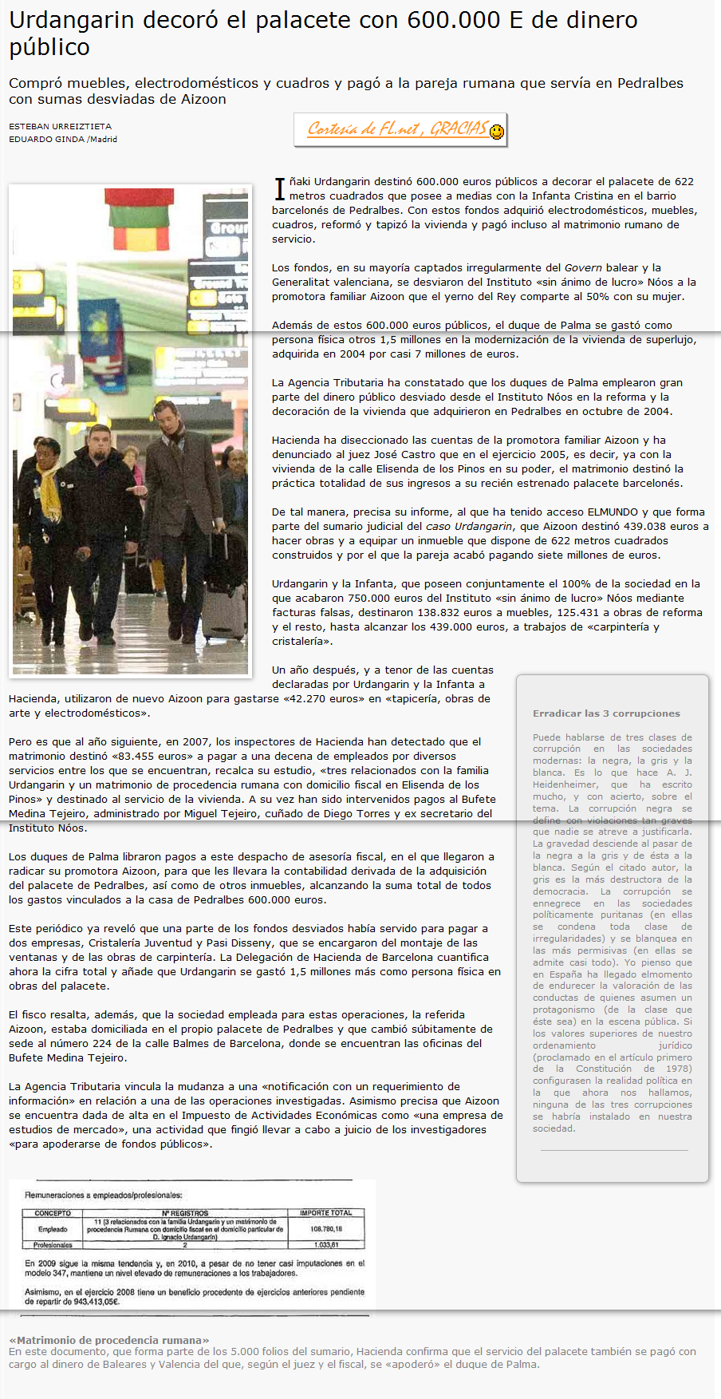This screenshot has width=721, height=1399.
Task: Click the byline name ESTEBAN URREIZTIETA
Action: (61, 126)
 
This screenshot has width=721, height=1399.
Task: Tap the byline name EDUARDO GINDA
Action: (47, 139)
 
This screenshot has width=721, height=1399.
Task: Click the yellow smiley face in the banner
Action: (497, 132)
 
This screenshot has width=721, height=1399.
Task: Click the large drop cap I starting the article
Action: (280, 189)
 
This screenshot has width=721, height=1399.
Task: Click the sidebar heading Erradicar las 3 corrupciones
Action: (606, 713)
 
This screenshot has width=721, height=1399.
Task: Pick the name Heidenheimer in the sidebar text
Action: (565, 784)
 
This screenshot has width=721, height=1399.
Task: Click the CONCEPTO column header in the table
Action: (53, 1213)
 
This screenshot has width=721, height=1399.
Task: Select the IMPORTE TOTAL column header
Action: (325, 1213)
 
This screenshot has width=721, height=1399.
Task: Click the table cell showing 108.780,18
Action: (327, 1229)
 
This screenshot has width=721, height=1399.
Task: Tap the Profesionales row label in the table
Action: (53, 1245)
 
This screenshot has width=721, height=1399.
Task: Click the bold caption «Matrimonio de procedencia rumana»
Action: (109, 1340)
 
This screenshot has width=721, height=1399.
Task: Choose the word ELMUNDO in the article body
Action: (613, 512)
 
